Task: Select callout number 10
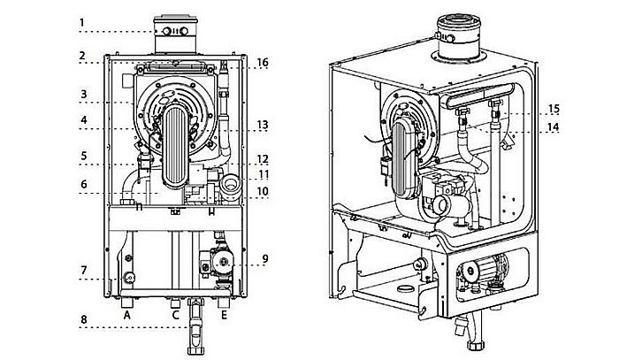pyautogui.click(x=263, y=192)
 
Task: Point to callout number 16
pyautogui.click(x=263, y=62)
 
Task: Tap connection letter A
pyautogui.click(x=128, y=313)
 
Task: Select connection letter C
pyautogui.click(x=175, y=313)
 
